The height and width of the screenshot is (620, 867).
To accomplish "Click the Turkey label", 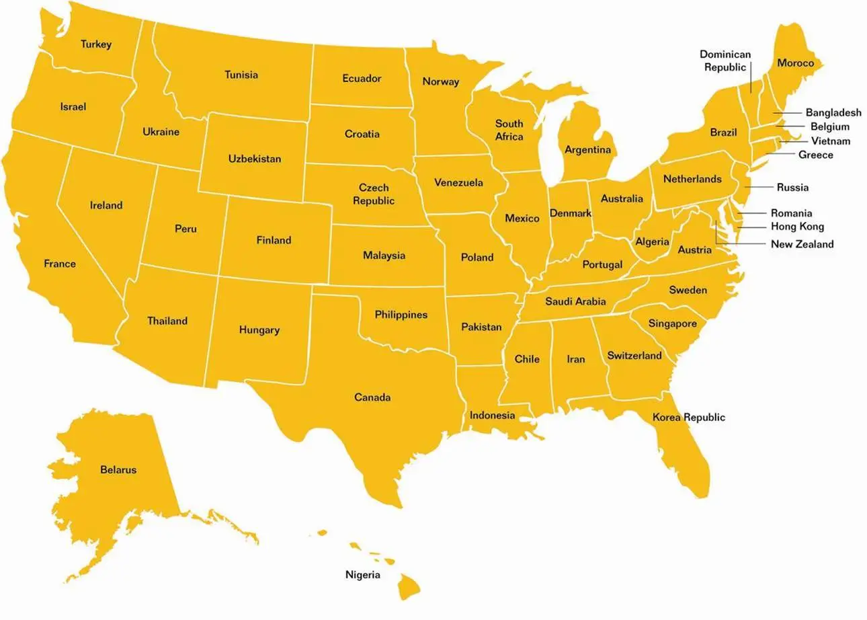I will pos(96,44).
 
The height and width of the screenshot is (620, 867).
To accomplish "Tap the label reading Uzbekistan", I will pos(255,159).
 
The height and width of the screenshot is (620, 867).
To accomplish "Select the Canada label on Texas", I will pos(372,397).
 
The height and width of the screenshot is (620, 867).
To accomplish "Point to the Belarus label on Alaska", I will pos(118,469).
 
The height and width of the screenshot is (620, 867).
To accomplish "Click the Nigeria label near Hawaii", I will pos(363,575).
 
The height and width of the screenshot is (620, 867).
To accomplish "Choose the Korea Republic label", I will pos(689,418).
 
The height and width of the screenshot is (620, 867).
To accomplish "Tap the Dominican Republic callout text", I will pos(725,61).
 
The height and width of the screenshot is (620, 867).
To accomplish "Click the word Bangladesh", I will pos(833,113).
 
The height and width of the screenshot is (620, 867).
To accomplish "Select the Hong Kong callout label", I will pos(797,227).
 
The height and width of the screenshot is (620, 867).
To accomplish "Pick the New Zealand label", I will pos(802,244).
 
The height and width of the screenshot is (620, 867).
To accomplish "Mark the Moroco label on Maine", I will pos(796,63).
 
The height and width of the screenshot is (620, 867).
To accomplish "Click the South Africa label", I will pos(509,130).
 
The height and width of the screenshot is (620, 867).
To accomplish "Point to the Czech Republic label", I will pos(374,194).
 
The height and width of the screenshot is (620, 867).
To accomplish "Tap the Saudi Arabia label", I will pos(575,301).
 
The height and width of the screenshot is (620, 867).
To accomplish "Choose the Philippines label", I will pos(401,315).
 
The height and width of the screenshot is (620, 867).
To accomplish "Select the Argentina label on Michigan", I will pos(588,150).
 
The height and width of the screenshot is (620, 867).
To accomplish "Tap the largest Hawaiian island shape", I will pos(408,586).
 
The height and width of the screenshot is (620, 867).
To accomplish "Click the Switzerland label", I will pos(634,356).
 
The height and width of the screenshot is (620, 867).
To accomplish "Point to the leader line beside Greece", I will pos(780,155).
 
